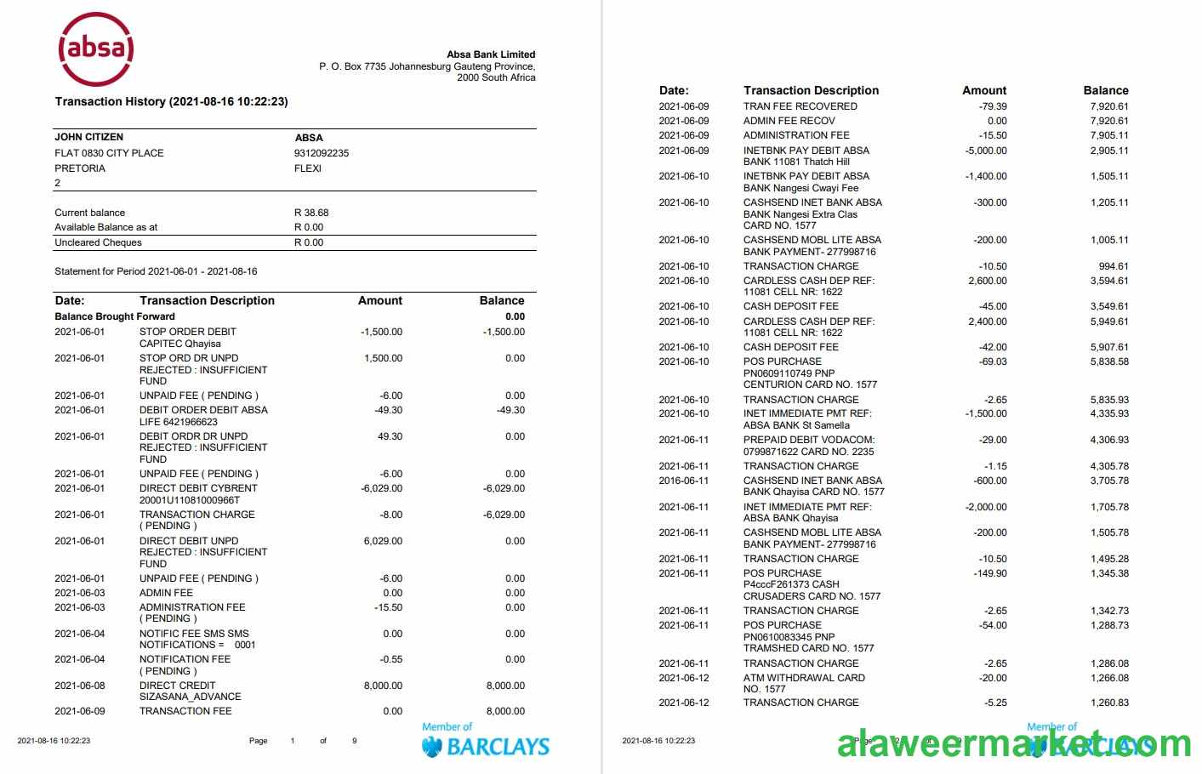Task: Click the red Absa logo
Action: point(95,48)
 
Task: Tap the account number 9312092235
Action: point(322,153)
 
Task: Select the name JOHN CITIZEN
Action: point(88,137)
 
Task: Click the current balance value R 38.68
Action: point(311,213)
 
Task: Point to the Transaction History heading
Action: point(171,101)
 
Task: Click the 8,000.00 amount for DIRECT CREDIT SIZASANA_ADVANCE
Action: point(383,686)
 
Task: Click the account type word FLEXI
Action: point(308,168)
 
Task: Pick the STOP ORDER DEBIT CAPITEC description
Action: point(187,338)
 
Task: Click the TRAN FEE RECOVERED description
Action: point(800,106)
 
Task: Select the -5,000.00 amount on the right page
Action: point(986,151)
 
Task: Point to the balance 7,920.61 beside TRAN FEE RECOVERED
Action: point(1109,106)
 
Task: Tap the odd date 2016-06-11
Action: point(683,481)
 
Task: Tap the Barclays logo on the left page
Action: point(486,743)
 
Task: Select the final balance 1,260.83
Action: point(1109,703)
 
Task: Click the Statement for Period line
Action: point(156,271)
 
